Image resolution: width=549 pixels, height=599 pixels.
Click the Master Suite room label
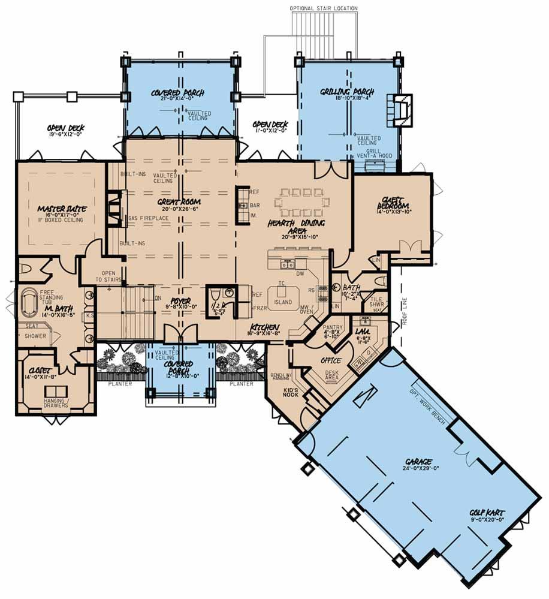pyautogui.click(x=62, y=209)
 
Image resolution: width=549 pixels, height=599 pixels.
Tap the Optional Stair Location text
pyautogui.click(x=324, y=8)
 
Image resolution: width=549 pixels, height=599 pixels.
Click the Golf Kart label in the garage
pyautogui.click(x=487, y=513)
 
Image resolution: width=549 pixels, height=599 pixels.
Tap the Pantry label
pyautogui.click(x=333, y=327)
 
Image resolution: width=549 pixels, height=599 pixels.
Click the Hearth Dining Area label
pyautogui.click(x=296, y=226)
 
